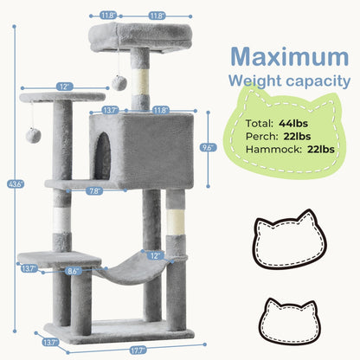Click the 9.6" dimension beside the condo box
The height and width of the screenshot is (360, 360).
pos(206,146)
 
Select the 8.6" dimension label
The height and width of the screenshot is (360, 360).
pos(74,272)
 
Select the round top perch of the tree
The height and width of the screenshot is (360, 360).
pos(130,35)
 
